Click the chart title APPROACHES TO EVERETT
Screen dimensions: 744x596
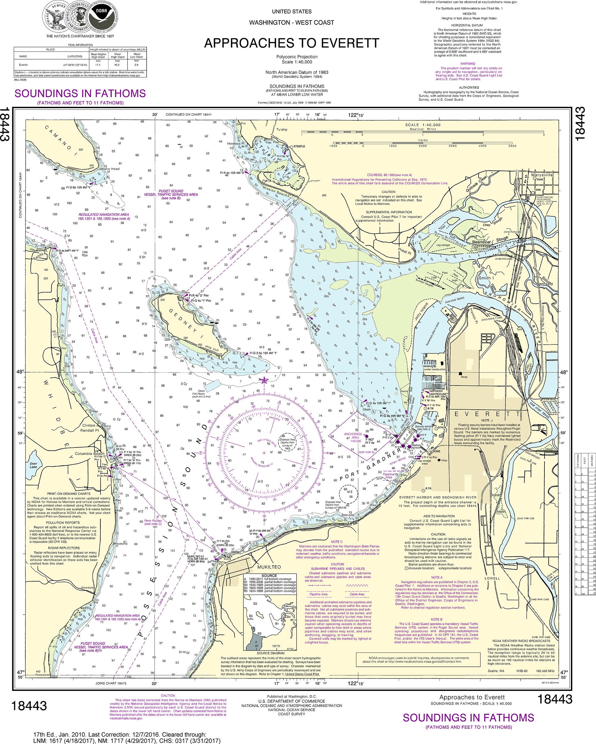point(292,43)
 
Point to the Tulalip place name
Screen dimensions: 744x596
point(282,129)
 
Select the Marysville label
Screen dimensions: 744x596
point(542,175)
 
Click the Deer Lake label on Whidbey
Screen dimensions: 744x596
point(33,465)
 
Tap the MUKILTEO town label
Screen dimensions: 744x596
point(269,567)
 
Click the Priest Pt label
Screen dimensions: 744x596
point(405,251)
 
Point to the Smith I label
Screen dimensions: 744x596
point(486,278)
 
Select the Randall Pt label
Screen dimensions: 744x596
point(90,430)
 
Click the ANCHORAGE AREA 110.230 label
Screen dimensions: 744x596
point(353,437)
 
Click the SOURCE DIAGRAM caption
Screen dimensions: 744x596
point(271,653)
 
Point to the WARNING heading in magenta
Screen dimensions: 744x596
point(468,63)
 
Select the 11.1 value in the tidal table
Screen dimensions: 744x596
point(98,65)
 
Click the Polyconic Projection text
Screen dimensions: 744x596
point(297,57)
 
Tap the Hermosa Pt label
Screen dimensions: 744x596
point(235,144)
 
